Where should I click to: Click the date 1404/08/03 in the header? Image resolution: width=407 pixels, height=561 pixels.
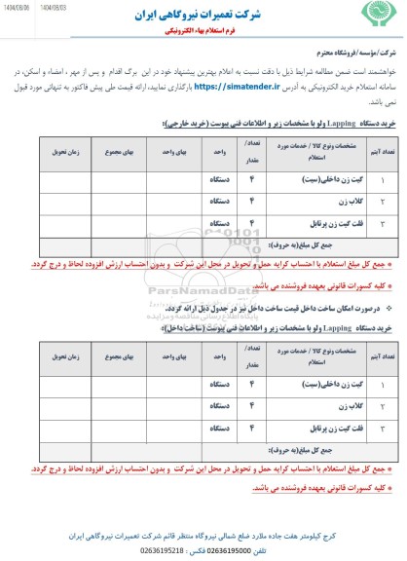(x=76, y=6)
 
